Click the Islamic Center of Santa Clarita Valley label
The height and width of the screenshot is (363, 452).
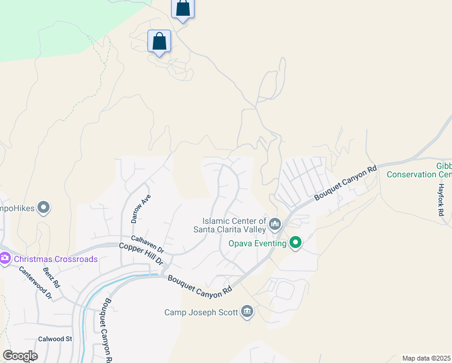[x=230, y=224]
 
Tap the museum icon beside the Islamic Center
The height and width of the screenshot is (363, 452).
[x=275, y=225]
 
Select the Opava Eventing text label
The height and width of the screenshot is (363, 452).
[x=257, y=243]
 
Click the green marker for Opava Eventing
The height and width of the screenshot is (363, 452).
[x=295, y=243]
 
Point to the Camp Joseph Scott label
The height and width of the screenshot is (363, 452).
[x=202, y=312]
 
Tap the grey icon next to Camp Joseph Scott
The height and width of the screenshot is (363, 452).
[x=247, y=312]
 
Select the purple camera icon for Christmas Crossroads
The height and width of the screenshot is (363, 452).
[x=5, y=259]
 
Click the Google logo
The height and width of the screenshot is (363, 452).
[x=20, y=356]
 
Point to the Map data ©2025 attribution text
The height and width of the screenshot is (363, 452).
[x=426, y=358]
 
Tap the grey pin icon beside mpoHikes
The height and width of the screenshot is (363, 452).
[x=44, y=208]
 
